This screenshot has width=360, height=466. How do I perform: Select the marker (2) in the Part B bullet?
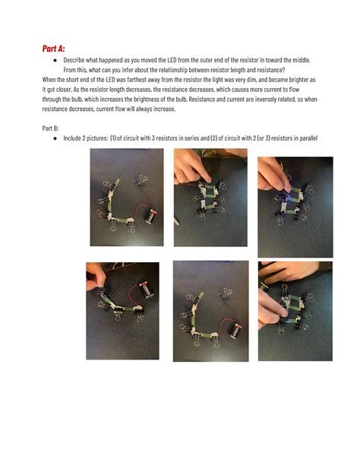213,138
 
